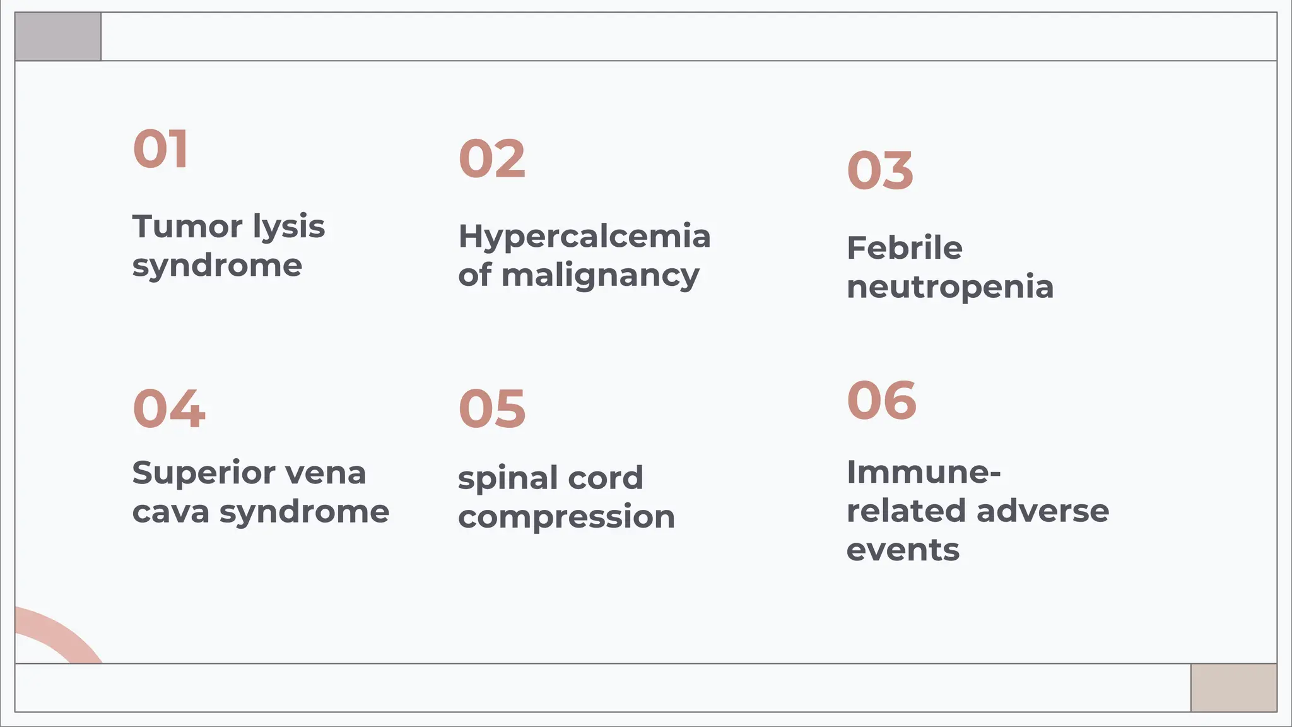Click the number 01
pos(160,149)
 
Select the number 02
pos(492,159)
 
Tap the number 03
pos(880,170)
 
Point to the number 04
pos(169,409)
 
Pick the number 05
pos(492,409)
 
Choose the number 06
pos(881,400)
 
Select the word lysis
pos(289,227)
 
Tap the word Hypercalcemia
pos(584,237)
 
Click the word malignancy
pos(600,276)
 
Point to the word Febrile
pos(904,247)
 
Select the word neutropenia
pos(950,287)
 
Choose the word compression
pos(567,517)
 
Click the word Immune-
pos(924,472)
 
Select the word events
pos(903,550)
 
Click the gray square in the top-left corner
pos(58,37)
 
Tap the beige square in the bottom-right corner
pos(1233,687)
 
